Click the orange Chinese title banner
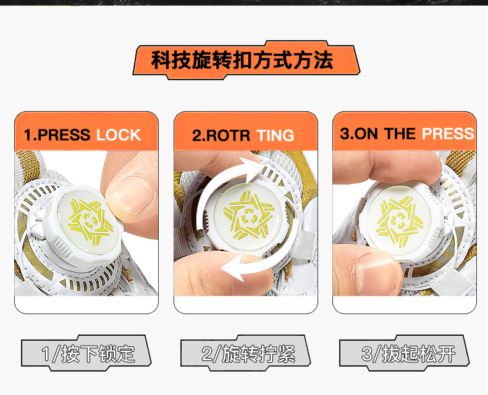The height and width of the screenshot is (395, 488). coord(246,60)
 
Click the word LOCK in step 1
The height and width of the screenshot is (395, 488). coord(119,135)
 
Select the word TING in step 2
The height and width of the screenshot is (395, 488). coord(276,136)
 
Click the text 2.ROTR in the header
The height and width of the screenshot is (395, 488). coord(221,136)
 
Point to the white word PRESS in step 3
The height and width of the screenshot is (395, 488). coord(448,133)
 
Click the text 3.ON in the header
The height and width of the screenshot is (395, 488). coord(360,133)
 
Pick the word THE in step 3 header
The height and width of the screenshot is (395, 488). coord(400,133)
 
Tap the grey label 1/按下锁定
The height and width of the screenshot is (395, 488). coord(86,353)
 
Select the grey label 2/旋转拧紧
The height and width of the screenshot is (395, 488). coord(246,353)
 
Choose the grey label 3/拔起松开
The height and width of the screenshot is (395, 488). coord(404,353)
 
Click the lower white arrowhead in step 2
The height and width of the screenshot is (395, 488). coord(232,267)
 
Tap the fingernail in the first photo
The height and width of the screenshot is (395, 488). coord(134,196)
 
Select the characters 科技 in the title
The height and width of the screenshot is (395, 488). coord(171,60)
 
